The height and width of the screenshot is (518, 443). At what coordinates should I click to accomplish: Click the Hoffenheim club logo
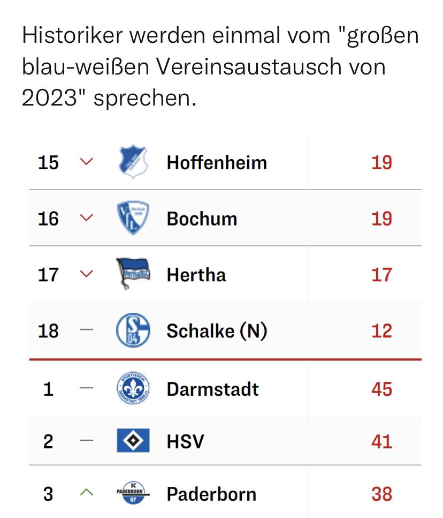(133, 162)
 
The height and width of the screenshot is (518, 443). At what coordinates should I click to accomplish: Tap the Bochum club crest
(133, 218)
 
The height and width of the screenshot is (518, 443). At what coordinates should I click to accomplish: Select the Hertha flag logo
(133, 274)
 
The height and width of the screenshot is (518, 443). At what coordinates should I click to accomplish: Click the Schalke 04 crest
(133, 330)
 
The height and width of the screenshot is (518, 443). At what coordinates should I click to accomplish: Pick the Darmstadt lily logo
(133, 388)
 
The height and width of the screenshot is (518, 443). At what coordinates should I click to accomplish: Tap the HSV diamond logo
(133, 441)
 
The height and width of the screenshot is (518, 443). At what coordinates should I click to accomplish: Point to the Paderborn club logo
(133, 493)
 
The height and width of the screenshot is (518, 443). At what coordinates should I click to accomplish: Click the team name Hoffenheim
(216, 162)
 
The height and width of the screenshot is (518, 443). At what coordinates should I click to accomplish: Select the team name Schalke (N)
(216, 331)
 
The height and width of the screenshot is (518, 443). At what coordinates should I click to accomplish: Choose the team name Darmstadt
(212, 389)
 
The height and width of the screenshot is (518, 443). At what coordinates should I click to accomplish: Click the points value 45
(381, 389)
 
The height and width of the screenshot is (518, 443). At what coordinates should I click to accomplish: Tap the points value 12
(381, 331)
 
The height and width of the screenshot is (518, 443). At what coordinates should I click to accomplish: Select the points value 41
(381, 441)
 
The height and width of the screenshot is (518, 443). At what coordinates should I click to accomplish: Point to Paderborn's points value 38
(381, 494)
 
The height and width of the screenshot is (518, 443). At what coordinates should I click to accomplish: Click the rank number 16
(48, 219)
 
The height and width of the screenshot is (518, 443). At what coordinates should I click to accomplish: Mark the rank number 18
(48, 331)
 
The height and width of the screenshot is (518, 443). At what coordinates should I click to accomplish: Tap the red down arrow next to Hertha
(86, 274)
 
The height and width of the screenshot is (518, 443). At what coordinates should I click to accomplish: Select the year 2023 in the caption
(51, 98)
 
